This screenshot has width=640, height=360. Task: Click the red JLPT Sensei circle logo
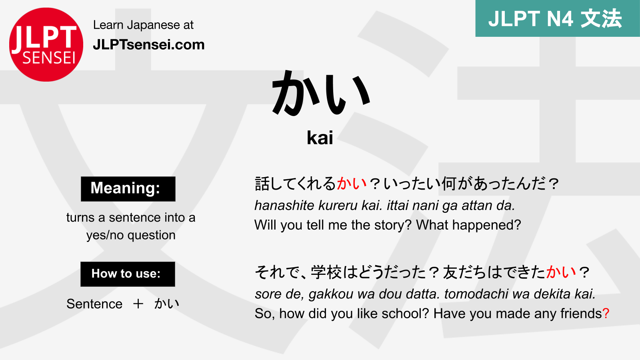46,44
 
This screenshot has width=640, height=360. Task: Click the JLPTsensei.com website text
148,44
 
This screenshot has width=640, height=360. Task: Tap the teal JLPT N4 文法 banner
557,18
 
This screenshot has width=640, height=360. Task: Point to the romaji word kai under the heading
320,138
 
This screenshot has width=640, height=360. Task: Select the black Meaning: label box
128,188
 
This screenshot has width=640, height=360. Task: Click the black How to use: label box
128,274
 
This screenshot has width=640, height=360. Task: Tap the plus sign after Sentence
138,304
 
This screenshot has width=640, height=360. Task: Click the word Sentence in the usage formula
94,304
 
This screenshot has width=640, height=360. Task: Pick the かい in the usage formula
167,304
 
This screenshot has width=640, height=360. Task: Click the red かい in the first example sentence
352,184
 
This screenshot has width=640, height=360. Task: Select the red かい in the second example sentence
561,272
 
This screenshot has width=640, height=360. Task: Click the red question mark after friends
606,314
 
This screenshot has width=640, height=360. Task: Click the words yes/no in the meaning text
105,235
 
